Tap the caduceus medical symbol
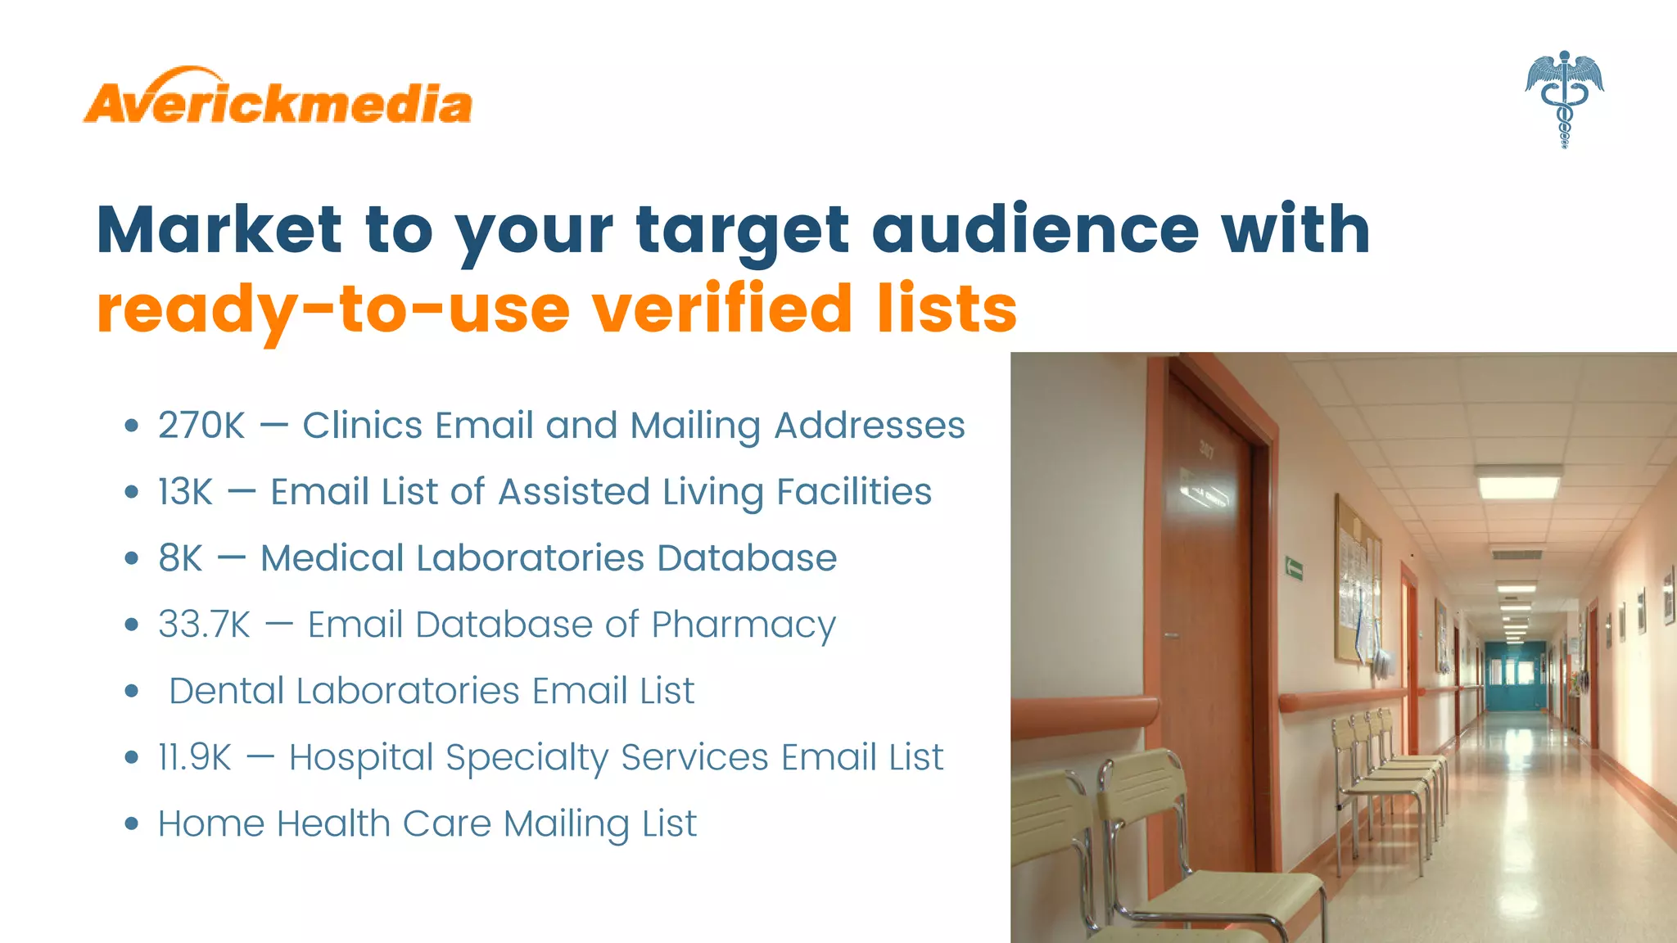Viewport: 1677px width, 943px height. click(x=1564, y=98)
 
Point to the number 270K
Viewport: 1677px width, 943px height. click(x=201, y=426)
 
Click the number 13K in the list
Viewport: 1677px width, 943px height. click(x=186, y=492)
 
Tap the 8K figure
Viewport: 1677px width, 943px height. click(x=180, y=558)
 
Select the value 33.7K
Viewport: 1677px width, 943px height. click(x=204, y=625)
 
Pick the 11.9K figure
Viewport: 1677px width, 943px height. click(x=195, y=757)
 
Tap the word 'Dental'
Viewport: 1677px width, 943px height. click(x=226, y=691)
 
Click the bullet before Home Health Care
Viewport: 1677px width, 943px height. click(x=132, y=823)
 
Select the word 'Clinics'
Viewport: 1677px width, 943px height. click(x=362, y=426)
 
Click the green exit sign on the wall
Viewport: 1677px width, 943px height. click(x=1294, y=567)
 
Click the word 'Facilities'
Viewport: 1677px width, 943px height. click(x=853, y=492)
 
